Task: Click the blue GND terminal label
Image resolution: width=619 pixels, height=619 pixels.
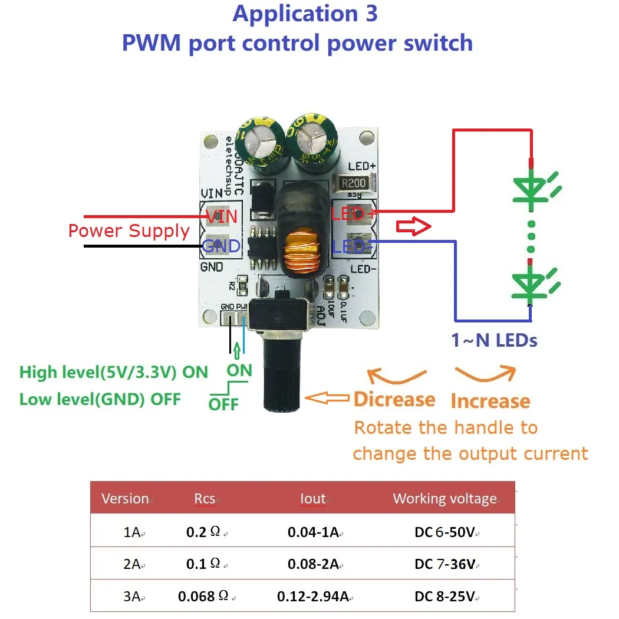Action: pos(221,245)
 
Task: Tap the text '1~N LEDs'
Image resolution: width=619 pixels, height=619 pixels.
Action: pos(494,340)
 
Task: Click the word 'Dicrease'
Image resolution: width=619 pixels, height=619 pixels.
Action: pos(394,400)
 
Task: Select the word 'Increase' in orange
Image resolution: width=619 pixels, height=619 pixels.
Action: pos(490,401)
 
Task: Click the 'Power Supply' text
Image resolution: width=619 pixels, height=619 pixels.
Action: pos(129,231)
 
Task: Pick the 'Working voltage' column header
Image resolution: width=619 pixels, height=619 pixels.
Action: pos(445,499)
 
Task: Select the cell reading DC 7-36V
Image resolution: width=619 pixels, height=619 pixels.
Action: pos(445,564)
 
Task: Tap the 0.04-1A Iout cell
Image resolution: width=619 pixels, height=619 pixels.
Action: pos(313,532)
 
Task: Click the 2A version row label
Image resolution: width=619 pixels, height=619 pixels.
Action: pos(132,564)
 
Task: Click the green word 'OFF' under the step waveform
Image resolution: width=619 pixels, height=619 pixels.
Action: pos(224,404)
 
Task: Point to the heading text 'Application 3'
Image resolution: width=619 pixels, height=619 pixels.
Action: pos(305,14)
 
